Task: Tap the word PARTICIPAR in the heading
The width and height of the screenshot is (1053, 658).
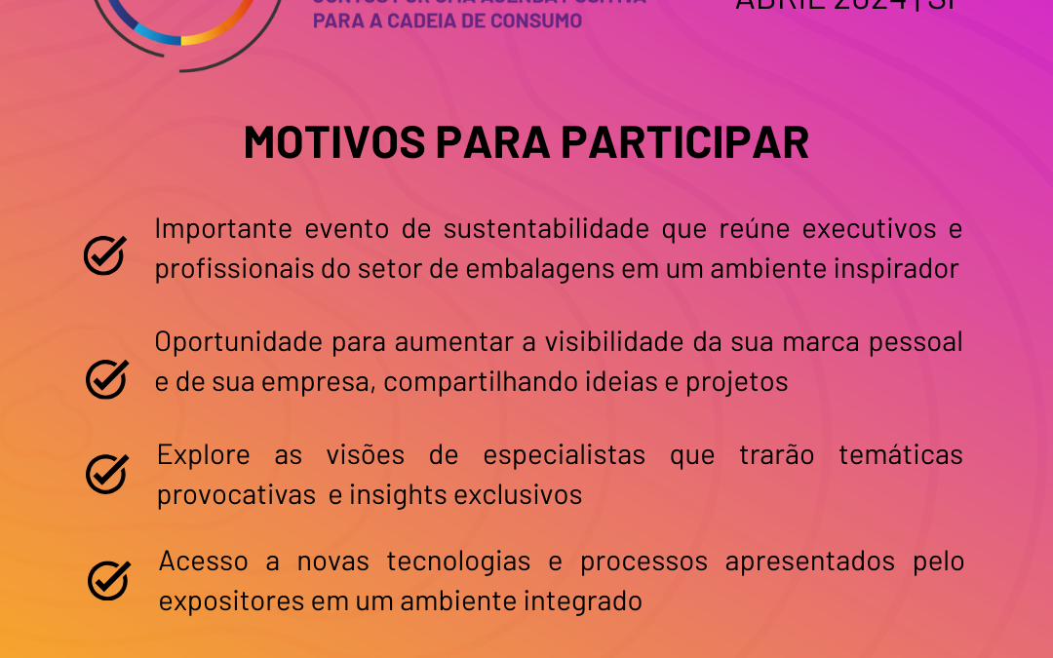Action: tap(684, 143)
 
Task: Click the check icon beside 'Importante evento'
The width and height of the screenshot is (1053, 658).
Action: tap(104, 254)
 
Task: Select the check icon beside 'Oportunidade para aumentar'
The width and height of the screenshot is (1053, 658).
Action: tap(107, 378)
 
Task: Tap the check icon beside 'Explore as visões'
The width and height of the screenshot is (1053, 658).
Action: tap(107, 473)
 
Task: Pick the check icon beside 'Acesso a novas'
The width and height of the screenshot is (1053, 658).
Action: tap(108, 579)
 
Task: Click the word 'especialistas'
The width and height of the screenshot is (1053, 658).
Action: tap(562, 455)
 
